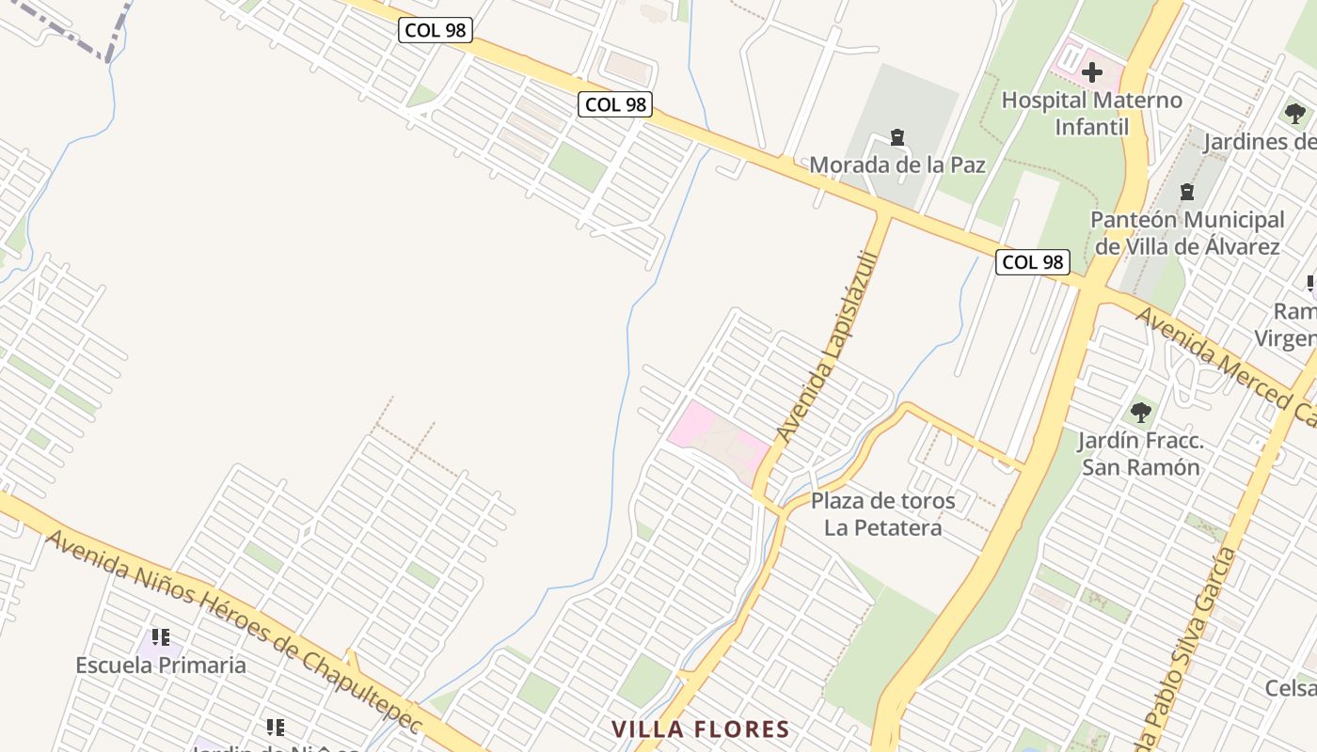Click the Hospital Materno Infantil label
(x=1091, y=113)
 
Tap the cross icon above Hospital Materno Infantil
(x=1092, y=72)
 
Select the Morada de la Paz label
(x=897, y=165)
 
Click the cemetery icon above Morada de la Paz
(x=897, y=138)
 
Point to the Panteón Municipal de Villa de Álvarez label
(x=1187, y=233)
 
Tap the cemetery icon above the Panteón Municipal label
(x=1187, y=193)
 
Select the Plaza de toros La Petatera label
(x=882, y=514)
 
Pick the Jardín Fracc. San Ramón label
(x=1140, y=453)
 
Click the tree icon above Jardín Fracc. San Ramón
(x=1141, y=412)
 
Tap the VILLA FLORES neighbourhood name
(x=700, y=729)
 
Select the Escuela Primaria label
(x=161, y=666)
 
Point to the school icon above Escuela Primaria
(x=161, y=637)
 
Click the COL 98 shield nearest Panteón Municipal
(x=1032, y=262)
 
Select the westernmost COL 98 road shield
(x=435, y=30)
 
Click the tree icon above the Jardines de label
(x=1295, y=114)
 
